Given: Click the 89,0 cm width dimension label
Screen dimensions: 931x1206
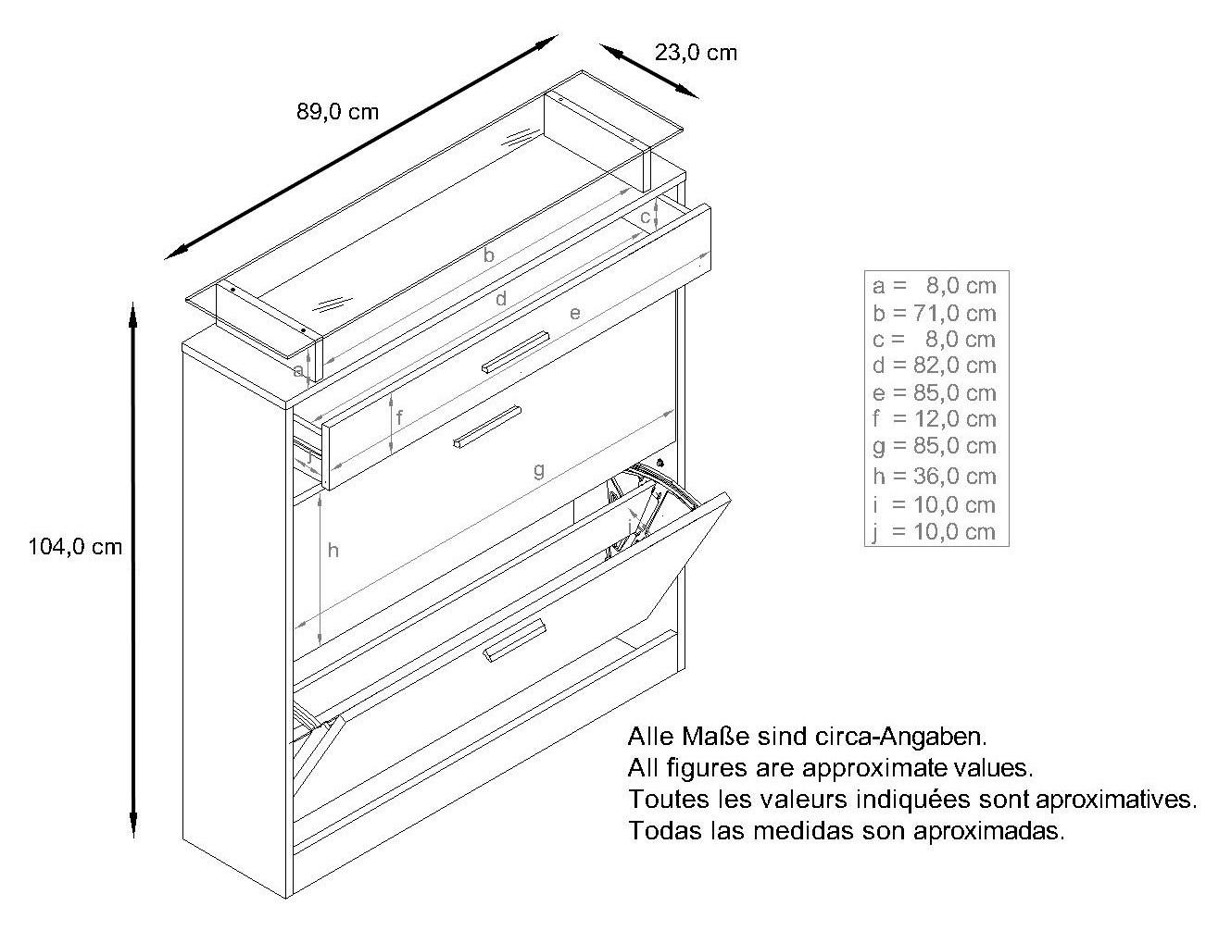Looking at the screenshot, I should [x=337, y=112].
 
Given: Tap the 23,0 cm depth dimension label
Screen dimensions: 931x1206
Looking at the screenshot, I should [x=696, y=53].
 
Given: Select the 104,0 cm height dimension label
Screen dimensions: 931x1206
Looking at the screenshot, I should [x=75, y=547].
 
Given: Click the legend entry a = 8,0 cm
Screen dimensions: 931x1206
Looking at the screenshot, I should [x=933, y=286].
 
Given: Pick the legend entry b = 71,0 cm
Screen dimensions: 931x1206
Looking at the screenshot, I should [x=933, y=313].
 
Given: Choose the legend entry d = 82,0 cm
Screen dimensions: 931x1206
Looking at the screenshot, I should [x=933, y=366].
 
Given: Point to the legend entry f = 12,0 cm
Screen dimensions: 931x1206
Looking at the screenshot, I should [x=933, y=419].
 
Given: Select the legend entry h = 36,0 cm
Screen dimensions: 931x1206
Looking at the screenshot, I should [x=933, y=477].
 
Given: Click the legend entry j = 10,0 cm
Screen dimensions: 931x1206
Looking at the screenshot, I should [x=933, y=532].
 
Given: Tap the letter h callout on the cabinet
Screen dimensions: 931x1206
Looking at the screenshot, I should [x=333, y=551].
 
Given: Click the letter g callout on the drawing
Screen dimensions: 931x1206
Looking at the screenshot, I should [x=538, y=470].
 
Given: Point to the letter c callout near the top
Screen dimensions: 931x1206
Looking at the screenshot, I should [x=645, y=217].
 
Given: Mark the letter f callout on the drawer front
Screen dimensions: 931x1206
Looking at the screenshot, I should [x=399, y=417].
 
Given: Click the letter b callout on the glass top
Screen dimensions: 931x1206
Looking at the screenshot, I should [x=489, y=255].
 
